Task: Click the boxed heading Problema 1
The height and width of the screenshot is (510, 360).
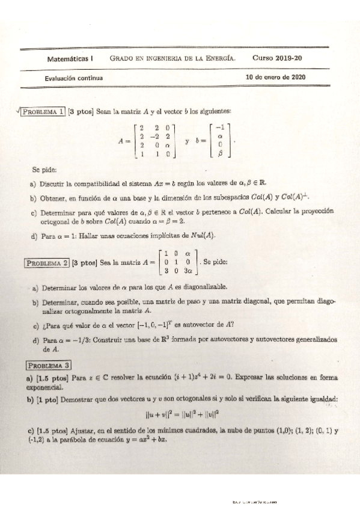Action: click(44, 111)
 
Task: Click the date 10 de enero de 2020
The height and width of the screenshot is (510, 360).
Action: click(276, 78)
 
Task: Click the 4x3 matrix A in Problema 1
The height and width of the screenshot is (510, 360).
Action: click(154, 141)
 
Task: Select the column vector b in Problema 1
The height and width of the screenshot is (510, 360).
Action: click(221, 141)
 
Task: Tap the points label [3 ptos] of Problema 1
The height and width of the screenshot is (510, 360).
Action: click(81, 111)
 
